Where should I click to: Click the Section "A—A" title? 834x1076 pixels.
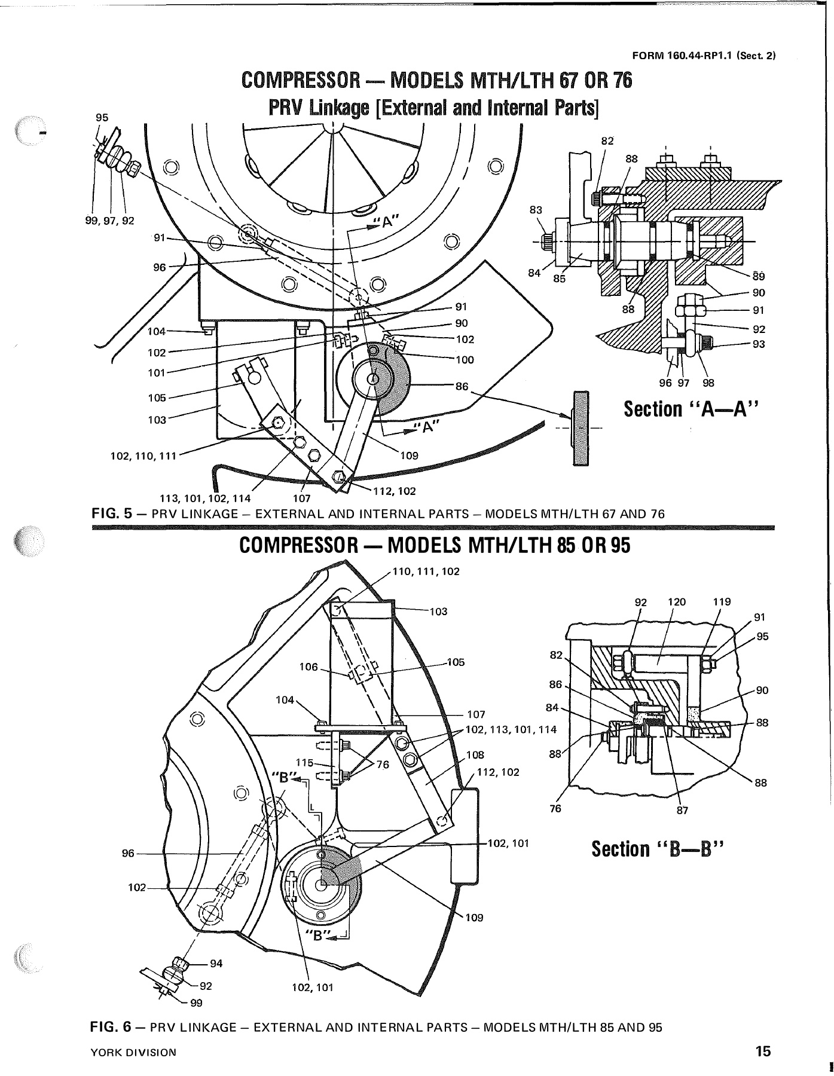tap(692, 409)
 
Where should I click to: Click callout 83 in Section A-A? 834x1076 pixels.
tap(536, 210)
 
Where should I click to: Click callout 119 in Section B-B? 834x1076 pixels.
tap(722, 602)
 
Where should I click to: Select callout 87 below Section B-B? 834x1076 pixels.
tap(683, 811)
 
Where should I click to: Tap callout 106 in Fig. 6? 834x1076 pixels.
tap(308, 667)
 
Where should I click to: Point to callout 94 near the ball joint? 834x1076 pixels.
tap(216, 963)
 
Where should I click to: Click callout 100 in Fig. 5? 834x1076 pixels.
tap(465, 360)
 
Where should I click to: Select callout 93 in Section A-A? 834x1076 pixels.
tap(759, 344)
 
